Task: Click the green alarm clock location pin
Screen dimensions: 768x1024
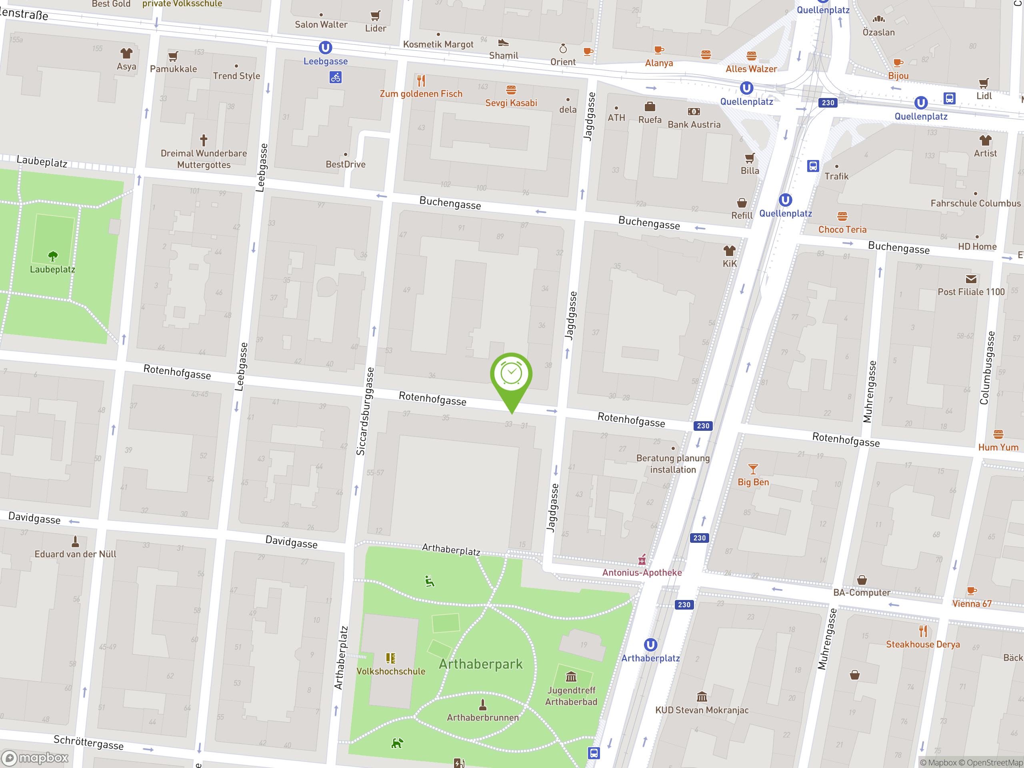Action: point(511,374)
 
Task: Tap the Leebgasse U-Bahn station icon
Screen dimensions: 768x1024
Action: point(326,48)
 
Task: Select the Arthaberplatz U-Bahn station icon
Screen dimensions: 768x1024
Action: point(650,644)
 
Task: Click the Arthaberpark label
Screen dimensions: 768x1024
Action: point(480,664)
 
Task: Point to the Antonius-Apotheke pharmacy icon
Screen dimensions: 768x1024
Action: point(642,560)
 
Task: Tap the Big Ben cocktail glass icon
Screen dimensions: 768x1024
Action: point(753,469)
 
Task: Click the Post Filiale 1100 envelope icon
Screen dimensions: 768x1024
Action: point(971,279)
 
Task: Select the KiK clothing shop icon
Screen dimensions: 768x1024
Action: point(730,251)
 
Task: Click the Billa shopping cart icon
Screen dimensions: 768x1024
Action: point(750,158)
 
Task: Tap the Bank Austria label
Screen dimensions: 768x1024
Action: point(694,124)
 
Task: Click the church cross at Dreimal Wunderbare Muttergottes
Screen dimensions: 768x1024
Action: point(203,140)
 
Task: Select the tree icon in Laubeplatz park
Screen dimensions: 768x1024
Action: point(53,256)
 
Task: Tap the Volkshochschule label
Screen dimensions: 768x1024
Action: point(391,671)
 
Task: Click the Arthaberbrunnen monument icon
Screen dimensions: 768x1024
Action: point(482,704)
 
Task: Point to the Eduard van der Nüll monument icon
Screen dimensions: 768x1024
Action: point(75,541)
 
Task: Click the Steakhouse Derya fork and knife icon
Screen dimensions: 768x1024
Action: point(923,631)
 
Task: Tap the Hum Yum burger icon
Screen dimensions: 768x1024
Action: point(998,434)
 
